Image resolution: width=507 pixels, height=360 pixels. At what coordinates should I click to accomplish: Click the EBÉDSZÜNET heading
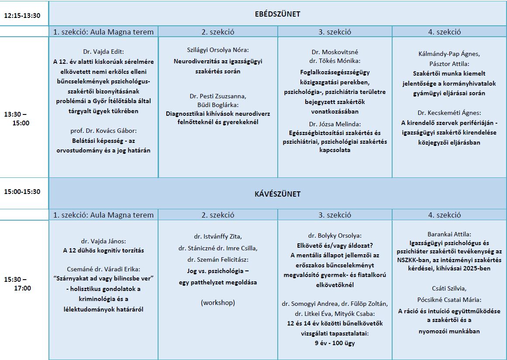pyautogui.click(x=277, y=14)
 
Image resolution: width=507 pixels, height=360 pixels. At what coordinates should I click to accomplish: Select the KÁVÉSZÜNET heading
pyautogui.click(x=277, y=194)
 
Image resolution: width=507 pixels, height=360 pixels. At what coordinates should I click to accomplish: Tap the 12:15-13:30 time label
pyautogui.click(x=22, y=16)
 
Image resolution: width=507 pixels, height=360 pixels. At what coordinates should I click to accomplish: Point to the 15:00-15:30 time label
pyautogui.click(x=22, y=191)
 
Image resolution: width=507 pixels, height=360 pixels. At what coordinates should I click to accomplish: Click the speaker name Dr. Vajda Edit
pyautogui.click(x=103, y=52)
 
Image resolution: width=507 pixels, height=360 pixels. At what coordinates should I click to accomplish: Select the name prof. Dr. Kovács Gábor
pyautogui.click(x=103, y=131)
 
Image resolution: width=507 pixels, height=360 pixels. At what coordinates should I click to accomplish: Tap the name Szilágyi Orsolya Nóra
pyautogui.click(x=217, y=51)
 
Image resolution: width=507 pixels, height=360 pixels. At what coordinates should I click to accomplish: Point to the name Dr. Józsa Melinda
pyautogui.click(x=335, y=124)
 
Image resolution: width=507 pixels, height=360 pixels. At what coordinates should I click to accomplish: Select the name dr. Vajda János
pyautogui.click(x=103, y=240)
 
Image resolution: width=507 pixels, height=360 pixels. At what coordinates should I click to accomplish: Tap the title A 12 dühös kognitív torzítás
pyautogui.click(x=103, y=250)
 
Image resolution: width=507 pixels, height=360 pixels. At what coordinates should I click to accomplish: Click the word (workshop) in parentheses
pyautogui.click(x=217, y=302)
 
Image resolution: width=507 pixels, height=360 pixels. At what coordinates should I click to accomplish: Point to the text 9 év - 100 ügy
pyautogui.click(x=335, y=343)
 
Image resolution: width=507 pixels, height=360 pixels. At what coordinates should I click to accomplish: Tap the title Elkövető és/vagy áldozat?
pyautogui.click(x=335, y=245)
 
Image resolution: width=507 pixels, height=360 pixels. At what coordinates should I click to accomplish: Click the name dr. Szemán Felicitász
pyautogui.click(x=217, y=259)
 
